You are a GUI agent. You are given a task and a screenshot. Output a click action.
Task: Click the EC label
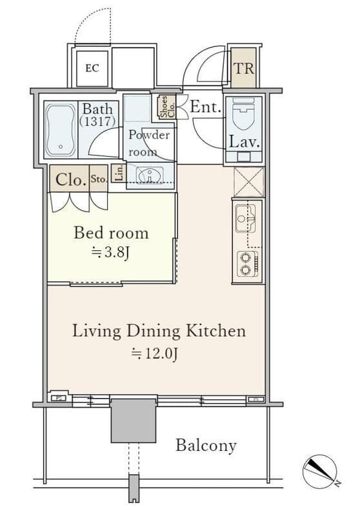point(92,68)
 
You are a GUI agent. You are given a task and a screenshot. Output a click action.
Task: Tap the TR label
point(244,68)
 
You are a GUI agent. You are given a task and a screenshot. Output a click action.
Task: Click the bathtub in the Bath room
point(61,130)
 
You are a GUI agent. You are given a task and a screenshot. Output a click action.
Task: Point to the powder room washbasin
point(150,174)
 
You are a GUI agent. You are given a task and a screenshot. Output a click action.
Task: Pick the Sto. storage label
point(99,179)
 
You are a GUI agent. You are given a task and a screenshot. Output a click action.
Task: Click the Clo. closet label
point(71,180)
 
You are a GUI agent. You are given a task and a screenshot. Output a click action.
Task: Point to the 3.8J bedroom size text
point(110,253)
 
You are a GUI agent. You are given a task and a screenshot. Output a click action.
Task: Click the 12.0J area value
point(155,353)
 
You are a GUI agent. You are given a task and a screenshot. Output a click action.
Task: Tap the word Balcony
point(206,446)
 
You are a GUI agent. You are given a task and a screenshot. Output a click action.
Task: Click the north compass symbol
point(320,471)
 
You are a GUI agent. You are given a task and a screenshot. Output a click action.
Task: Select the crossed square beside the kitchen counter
point(248,182)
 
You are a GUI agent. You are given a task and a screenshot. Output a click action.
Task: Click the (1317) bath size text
point(97,122)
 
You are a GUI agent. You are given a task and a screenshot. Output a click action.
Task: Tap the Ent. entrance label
point(205,107)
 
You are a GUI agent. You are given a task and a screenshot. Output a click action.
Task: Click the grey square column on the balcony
point(134,421)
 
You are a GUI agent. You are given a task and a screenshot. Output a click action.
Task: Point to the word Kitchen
point(216,331)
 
